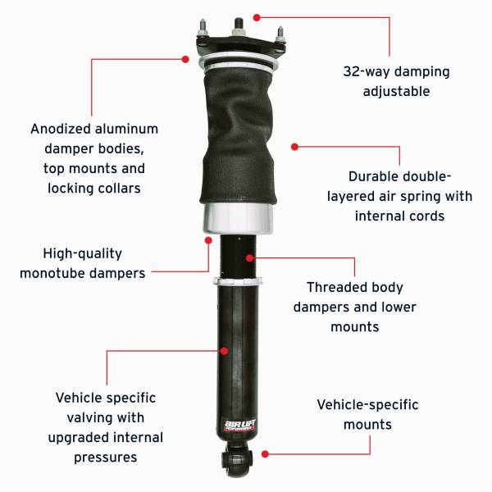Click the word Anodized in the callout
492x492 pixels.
point(59,129)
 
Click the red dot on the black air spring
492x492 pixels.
point(294,146)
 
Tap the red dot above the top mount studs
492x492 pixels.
point(257,16)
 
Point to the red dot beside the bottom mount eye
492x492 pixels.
point(265,452)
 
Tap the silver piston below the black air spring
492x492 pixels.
point(238,218)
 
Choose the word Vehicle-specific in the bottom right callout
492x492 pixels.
point(367,405)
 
